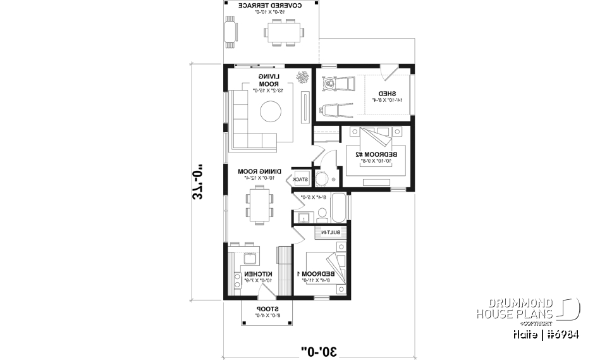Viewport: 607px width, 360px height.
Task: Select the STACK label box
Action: click(x=301, y=180)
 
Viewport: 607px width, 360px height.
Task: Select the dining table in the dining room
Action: click(x=261, y=206)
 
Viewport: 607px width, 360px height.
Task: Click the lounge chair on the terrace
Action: click(x=230, y=31)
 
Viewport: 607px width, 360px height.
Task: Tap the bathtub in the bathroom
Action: click(x=338, y=206)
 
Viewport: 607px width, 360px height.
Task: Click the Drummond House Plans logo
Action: click(x=527, y=309)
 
